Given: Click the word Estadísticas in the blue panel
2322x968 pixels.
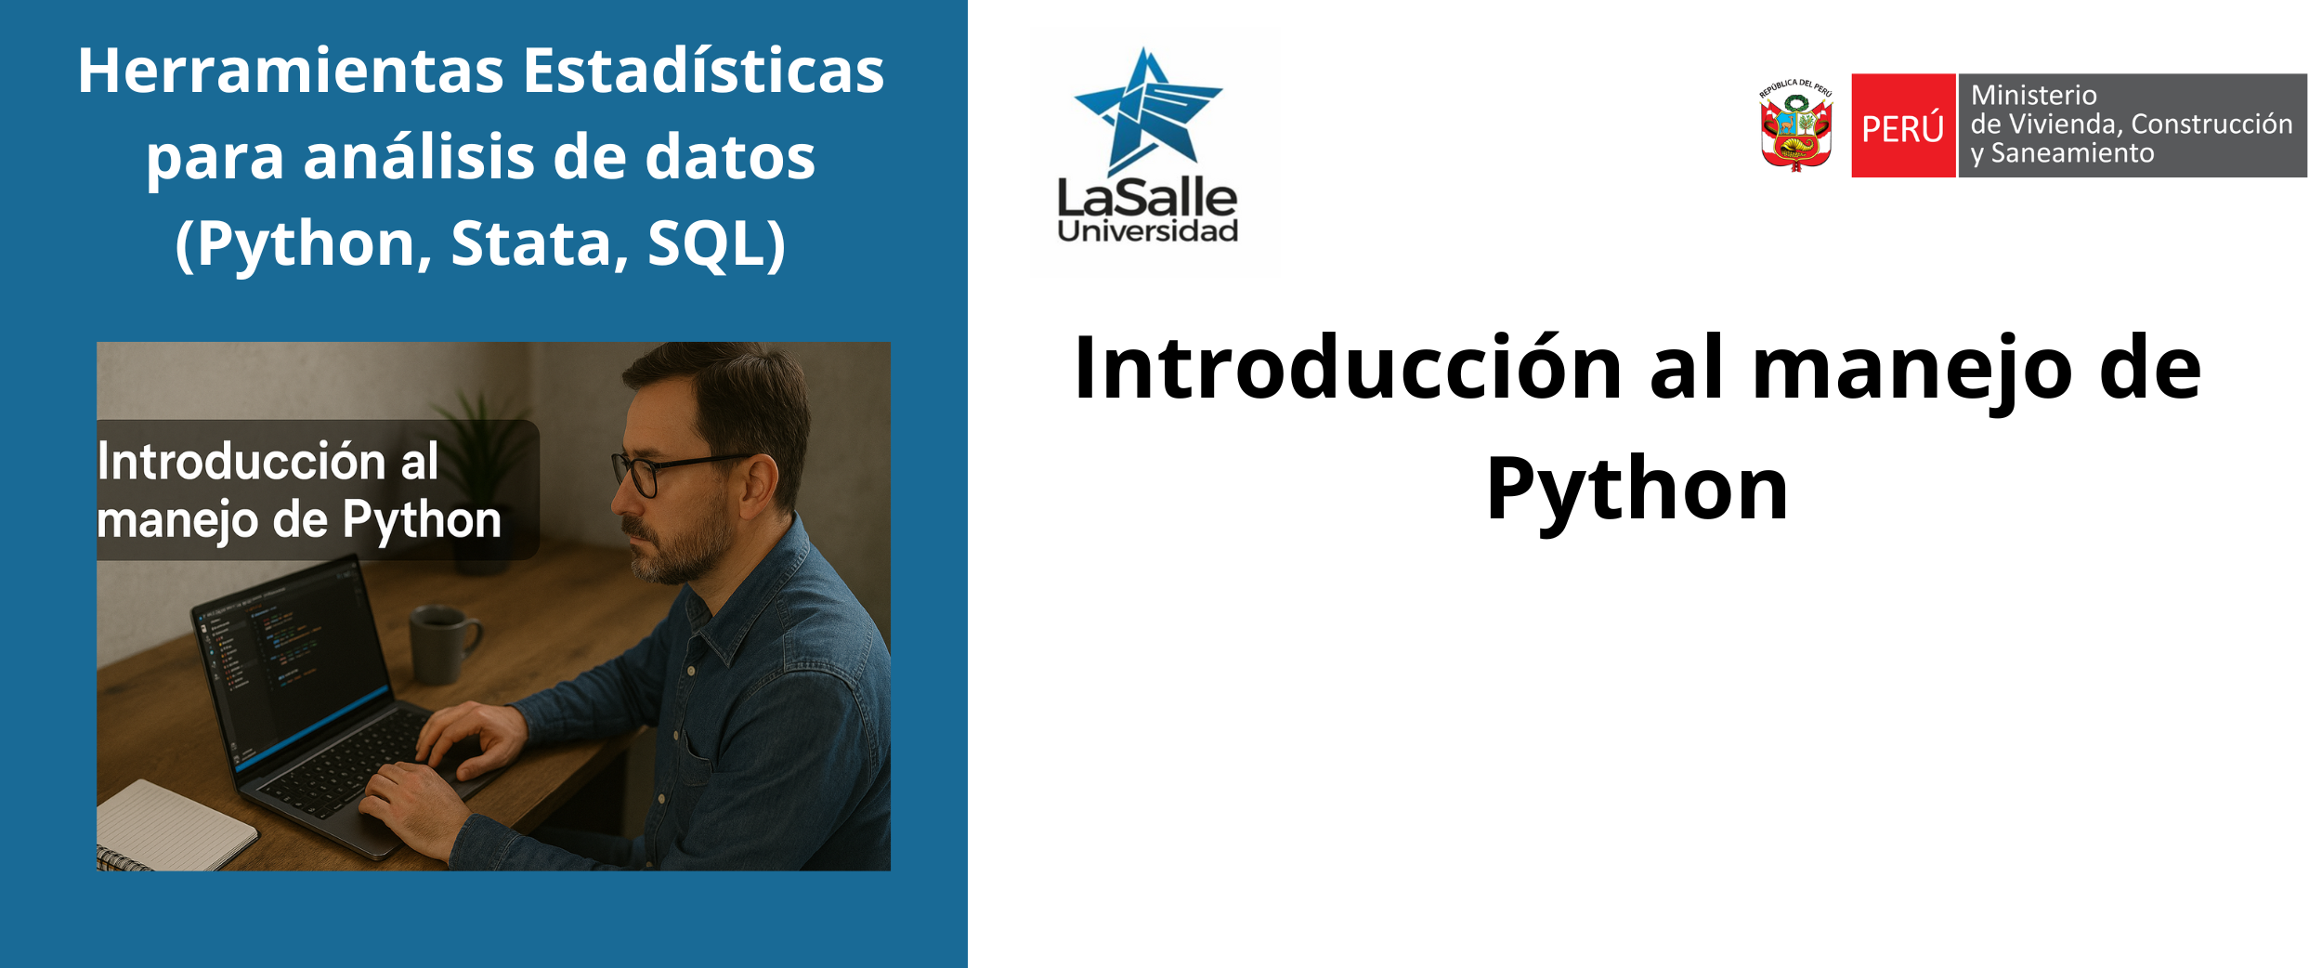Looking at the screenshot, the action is tap(703, 71).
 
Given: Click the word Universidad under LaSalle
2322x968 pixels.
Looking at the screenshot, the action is tap(1148, 230).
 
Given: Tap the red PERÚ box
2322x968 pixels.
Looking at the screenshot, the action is tap(1903, 125).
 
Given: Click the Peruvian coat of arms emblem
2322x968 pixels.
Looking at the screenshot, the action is tap(1796, 125).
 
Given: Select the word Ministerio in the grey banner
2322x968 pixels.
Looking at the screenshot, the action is tap(2034, 96).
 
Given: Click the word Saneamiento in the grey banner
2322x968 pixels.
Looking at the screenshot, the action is tap(2072, 153).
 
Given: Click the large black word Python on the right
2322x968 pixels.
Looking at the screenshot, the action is tap(1637, 491).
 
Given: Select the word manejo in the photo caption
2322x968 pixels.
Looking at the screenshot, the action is tap(177, 521).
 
